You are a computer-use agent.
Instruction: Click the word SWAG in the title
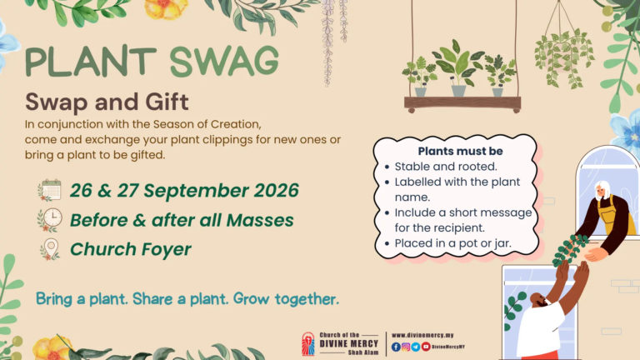(224, 61)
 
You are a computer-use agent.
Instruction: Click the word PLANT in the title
(91, 62)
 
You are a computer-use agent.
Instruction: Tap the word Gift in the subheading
(167, 102)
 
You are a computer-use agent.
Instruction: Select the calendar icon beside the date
(49, 190)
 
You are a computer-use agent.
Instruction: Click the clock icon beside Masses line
(50, 220)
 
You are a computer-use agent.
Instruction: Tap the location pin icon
(50, 249)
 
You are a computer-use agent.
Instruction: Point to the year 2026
(277, 191)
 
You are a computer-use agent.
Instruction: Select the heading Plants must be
(460, 151)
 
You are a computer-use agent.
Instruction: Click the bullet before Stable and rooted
(387, 167)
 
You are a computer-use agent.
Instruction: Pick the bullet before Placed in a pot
(387, 243)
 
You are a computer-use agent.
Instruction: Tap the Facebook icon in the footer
(396, 347)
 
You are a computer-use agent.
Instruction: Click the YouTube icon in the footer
(426, 347)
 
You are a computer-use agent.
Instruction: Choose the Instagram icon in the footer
(406, 347)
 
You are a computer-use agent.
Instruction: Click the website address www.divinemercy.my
(422, 335)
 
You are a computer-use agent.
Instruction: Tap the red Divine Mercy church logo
(308, 344)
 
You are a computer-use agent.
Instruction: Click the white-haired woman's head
(602, 190)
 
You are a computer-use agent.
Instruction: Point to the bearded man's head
(540, 300)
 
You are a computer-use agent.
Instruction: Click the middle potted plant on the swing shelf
(458, 68)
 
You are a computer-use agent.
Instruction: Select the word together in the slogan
(307, 299)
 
